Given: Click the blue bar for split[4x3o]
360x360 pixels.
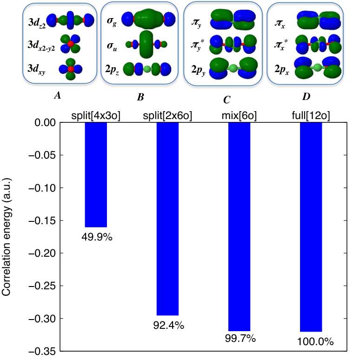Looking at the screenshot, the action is click(96, 175).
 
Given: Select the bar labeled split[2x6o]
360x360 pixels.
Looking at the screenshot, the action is click(167, 219).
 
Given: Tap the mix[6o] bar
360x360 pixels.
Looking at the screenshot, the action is click(239, 227).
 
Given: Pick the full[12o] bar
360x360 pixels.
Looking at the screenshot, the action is click(311, 227).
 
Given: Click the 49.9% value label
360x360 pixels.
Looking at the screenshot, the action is click(97, 237).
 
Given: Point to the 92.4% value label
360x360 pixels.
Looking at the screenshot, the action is click(169, 325).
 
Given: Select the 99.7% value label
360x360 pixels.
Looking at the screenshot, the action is click(240, 339).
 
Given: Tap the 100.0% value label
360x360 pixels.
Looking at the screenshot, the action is click(315, 342).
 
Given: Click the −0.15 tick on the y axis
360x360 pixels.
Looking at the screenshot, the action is click(42, 220).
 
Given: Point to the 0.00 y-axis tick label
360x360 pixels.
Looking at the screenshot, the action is click(45, 123).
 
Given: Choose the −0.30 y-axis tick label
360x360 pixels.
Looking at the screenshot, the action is click(42, 319).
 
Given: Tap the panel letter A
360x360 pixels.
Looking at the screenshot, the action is click(57, 95).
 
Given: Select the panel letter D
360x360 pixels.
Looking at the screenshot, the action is click(306, 97).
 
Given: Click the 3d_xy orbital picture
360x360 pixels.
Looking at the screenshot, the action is click(71, 69).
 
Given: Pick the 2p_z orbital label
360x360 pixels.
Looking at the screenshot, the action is click(112, 69).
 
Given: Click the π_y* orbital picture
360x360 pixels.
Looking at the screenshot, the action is click(233, 44).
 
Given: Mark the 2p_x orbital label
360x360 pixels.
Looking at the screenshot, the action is click(282, 70).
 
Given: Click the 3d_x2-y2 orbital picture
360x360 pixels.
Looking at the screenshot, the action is click(71, 44).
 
